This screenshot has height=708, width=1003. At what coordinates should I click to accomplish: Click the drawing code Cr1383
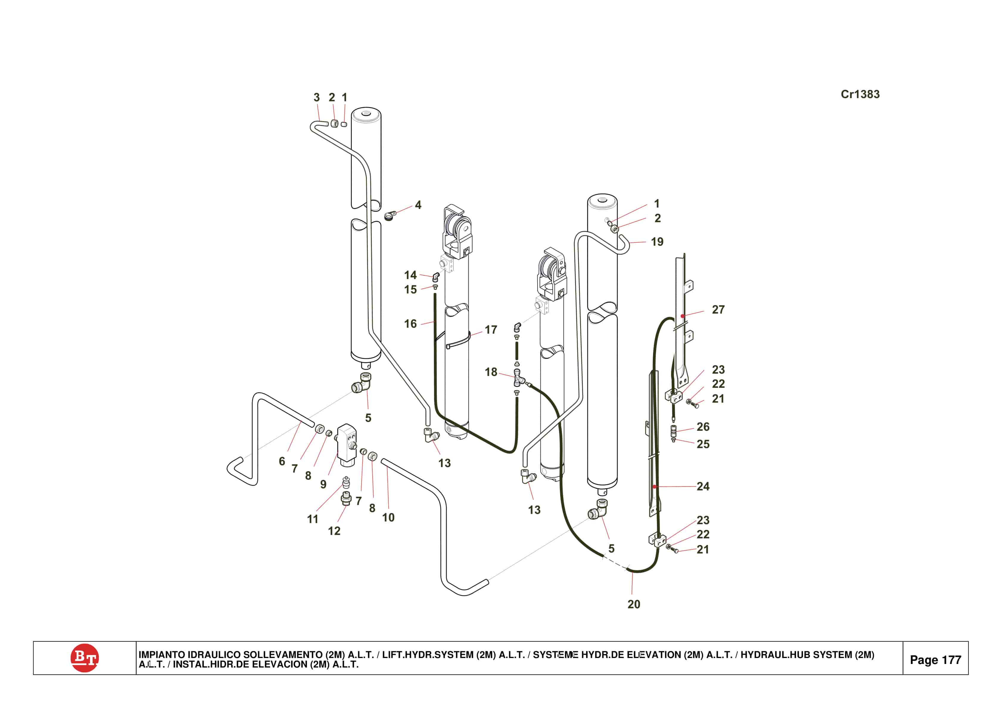tap(860, 94)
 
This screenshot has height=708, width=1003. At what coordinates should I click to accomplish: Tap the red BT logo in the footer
tap(84, 657)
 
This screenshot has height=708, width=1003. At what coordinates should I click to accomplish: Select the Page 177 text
tap(935, 660)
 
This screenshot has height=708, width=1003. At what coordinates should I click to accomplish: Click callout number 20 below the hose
tap(633, 604)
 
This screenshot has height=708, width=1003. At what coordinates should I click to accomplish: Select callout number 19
tap(657, 242)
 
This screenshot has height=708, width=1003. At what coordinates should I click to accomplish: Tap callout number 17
tap(490, 330)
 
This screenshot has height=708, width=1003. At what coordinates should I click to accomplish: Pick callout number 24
tap(703, 486)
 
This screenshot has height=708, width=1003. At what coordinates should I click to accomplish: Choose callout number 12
tap(334, 531)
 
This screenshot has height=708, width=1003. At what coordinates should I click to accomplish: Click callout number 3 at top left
tap(317, 97)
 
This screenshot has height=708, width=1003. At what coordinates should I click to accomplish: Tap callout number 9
tap(323, 484)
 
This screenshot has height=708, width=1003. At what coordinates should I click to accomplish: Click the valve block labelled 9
tap(347, 442)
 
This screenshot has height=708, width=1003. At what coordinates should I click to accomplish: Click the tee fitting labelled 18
tap(518, 378)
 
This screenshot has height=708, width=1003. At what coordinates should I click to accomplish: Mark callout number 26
tap(703, 427)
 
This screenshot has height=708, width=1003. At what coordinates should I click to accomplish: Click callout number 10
tap(388, 517)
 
